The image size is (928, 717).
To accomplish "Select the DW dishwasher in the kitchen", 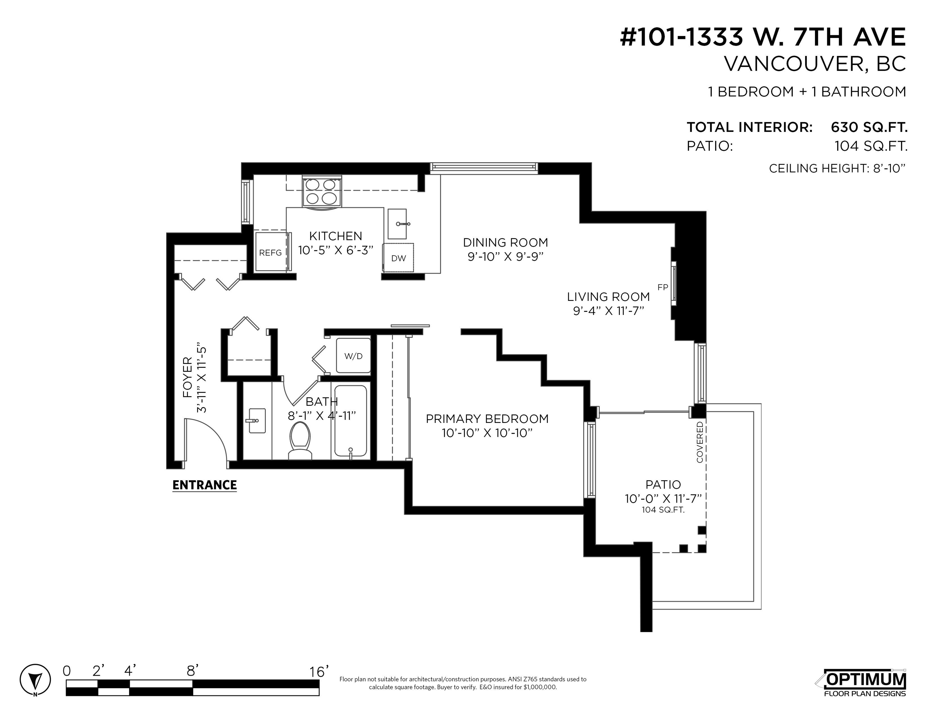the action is [x=398, y=257].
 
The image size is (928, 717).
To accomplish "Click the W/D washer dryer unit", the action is [x=353, y=355].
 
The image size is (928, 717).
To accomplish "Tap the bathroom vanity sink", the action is [x=256, y=420].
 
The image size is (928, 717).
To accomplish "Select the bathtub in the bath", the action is [x=351, y=420].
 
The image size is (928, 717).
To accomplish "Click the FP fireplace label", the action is [x=663, y=287].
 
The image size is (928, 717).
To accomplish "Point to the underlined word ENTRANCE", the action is [x=205, y=485].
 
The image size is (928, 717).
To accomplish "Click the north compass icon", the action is [x=35, y=680].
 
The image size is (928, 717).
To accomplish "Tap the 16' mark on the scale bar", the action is [x=319, y=672].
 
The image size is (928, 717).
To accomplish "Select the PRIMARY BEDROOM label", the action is [x=487, y=419].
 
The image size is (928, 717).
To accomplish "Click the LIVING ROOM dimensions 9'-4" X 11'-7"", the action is [x=609, y=311].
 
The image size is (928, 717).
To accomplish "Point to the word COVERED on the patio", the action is [x=700, y=442].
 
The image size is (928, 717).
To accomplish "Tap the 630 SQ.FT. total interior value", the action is [x=869, y=127].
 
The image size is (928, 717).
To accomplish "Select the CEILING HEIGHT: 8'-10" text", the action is [x=837, y=168].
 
